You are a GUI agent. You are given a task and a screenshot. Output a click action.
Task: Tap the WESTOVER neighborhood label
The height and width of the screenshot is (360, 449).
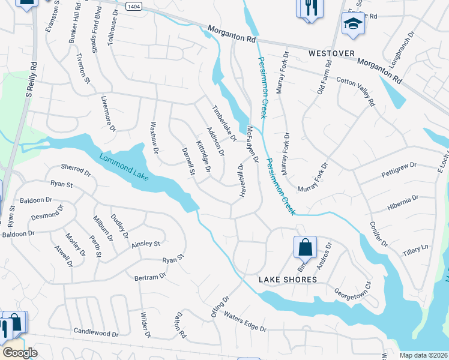330,53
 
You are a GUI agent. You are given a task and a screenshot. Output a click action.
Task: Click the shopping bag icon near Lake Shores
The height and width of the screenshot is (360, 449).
305,247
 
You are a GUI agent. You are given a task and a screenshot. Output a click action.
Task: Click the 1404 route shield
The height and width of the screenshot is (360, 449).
134,5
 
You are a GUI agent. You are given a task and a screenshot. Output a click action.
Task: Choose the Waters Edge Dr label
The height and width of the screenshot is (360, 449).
244,321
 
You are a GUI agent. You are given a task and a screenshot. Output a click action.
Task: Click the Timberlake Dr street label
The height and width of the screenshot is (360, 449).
224,124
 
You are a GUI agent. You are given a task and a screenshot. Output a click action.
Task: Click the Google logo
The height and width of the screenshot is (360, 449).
20,353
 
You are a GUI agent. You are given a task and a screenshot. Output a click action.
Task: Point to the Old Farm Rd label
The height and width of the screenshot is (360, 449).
324,80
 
